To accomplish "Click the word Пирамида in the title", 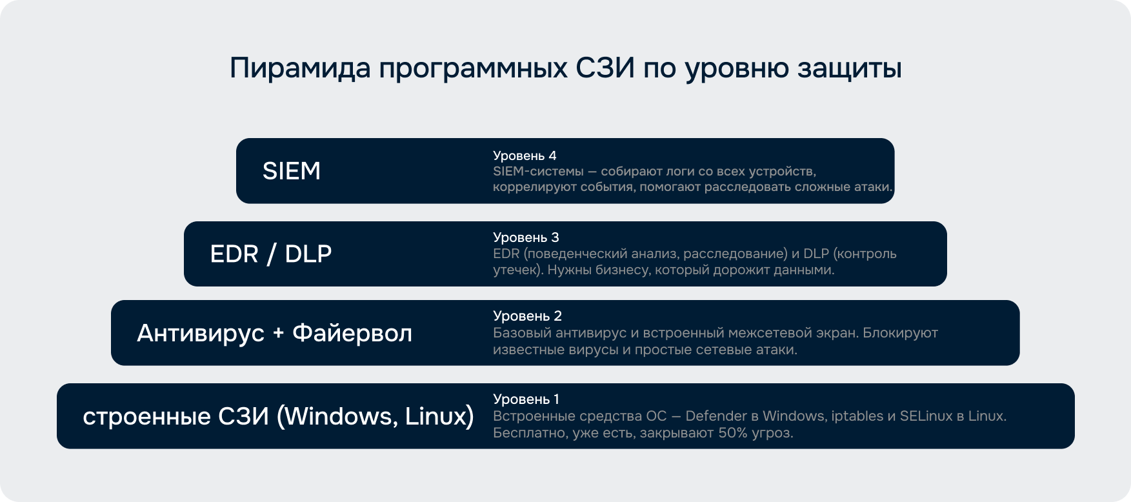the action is pyautogui.click(x=300, y=68).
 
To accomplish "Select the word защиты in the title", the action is pyautogui.click(x=849, y=70).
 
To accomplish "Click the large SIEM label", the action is pyautogui.click(x=292, y=171).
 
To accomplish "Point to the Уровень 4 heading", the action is pyautogui.click(x=525, y=156).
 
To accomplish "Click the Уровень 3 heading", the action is pyautogui.click(x=526, y=237).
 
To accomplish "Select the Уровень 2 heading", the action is pyautogui.click(x=527, y=316).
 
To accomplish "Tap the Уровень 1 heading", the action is pyautogui.click(x=526, y=399).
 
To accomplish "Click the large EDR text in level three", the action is pyautogui.click(x=234, y=254).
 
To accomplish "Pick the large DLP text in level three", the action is pyautogui.click(x=308, y=254).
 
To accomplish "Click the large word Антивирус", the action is pyautogui.click(x=201, y=334).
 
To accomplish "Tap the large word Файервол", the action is pyautogui.click(x=352, y=333).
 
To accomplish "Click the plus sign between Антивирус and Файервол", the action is pyautogui.click(x=279, y=334).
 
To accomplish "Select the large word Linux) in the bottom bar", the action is pyautogui.click(x=439, y=417).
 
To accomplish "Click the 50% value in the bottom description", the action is pyautogui.click(x=733, y=433).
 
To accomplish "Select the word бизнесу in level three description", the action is pyautogui.click(x=623, y=270).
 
